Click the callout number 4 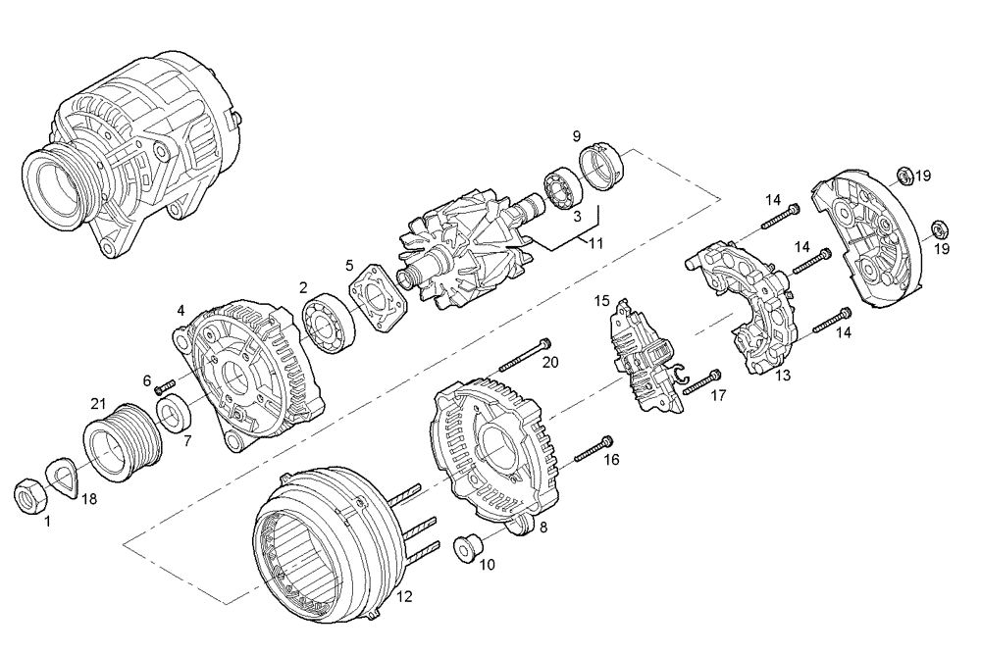tap(181, 311)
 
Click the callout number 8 tap(543, 528)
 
